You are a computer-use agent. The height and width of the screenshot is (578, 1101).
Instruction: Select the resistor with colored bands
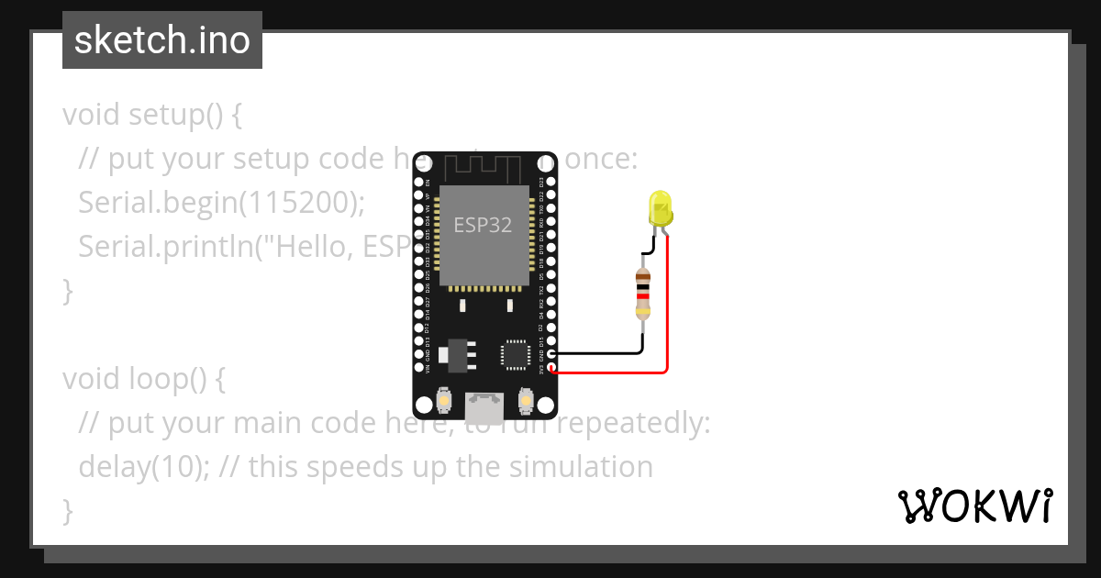click(x=643, y=295)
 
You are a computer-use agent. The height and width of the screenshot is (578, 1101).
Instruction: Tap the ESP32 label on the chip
click(x=484, y=225)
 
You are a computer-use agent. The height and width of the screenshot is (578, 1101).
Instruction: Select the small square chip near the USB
click(x=515, y=355)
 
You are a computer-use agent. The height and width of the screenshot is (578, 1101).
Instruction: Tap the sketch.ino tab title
click(x=162, y=40)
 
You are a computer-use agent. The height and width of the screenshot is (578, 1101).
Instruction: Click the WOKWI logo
click(x=974, y=506)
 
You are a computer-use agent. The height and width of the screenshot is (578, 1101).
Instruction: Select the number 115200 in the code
click(x=296, y=204)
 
